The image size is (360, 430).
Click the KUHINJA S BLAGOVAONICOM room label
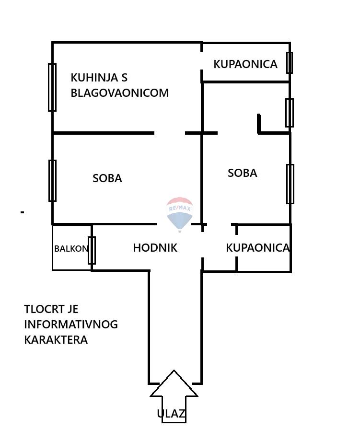pos(119,85)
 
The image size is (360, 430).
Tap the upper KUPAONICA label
pos(245,64)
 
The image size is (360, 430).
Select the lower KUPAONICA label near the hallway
pos(258,248)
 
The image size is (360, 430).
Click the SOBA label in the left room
pos(107,178)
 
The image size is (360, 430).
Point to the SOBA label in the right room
pos(243,173)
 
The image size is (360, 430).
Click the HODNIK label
pos(155,248)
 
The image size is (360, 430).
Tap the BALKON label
pos(71,249)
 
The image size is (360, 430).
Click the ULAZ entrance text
pos(171,414)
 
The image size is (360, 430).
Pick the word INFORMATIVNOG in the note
pos(71,325)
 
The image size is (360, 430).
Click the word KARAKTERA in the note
pos(56,340)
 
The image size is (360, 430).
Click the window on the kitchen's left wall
pos(52,87)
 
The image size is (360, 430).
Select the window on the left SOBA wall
pos(52,181)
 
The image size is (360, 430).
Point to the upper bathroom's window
pos(289,63)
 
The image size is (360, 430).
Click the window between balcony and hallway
pos(92,250)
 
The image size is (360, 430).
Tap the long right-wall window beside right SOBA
pos(290,184)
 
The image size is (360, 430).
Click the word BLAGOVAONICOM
pos(119,93)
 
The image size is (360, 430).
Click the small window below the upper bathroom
pos(289,113)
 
